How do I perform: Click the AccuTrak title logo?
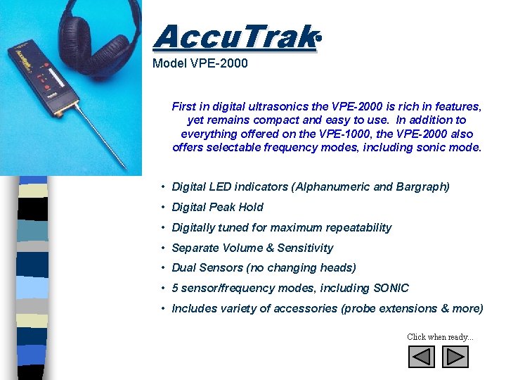pos(233,37)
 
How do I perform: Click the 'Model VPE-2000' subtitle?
pos(200,63)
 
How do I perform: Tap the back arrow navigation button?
pos(422,357)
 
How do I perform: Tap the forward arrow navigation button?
pos(455,357)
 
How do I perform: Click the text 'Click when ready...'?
pos(440,337)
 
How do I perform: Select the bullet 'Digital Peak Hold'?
pos(217,207)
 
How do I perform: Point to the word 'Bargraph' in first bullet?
pos(422,186)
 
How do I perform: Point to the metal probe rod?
pos(102,137)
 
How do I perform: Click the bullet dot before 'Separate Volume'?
pos(162,248)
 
